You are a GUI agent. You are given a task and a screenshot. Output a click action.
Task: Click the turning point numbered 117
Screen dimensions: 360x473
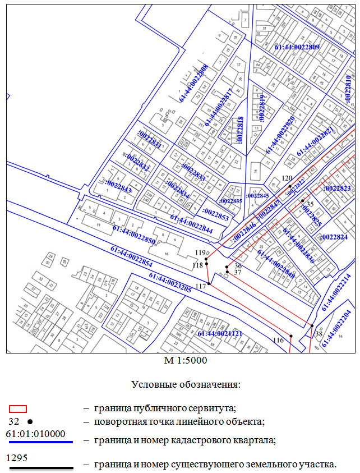point(209,284)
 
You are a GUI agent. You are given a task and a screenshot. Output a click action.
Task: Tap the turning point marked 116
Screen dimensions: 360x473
point(291,336)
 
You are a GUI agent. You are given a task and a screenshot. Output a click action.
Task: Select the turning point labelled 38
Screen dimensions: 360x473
point(312,325)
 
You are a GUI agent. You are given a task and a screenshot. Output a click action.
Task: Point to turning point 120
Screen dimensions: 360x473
point(290,187)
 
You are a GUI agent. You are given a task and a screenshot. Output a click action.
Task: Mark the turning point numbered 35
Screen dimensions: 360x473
point(302,201)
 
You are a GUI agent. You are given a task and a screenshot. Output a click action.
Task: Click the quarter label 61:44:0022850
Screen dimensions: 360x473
point(134,235)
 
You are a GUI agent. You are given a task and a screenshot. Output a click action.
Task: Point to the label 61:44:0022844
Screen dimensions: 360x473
point(191,223)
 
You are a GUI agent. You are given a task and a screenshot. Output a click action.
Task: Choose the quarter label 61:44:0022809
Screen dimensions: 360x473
point(297,47)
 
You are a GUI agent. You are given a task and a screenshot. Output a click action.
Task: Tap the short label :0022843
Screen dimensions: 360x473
point(118,186)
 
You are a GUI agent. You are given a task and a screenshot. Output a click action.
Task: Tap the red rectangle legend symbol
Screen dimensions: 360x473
point(19,408)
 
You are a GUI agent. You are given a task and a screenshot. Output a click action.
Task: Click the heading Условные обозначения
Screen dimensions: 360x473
point(186,384)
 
